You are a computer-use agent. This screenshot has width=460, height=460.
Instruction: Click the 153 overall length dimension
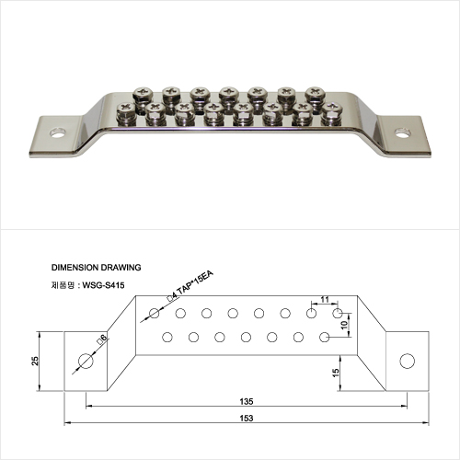click(x=247, y=418)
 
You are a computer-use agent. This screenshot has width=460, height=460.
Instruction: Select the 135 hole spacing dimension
click(x=247, y=401)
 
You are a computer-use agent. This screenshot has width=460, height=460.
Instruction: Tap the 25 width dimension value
click(x=35, y=361)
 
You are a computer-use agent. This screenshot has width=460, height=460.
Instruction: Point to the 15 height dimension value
click(x=336, y=373)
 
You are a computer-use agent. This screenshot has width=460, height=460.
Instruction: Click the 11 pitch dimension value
click(x=325, y=299)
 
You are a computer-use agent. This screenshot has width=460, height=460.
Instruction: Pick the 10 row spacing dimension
click(x=344, y=325)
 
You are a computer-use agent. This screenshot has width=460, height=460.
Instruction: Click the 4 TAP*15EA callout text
click(x=190, y=286)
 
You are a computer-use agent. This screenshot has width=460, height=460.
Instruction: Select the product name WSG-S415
click(x=103, y=285)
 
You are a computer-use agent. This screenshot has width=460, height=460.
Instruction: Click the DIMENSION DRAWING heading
click(x=96, y=268)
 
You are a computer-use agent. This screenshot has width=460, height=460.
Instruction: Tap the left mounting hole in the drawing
click(x=86, y=361)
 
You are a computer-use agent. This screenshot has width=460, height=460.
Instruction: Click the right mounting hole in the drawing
click(x=408, y=361)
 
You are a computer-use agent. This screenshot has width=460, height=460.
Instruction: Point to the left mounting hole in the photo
click(x=58, y=133)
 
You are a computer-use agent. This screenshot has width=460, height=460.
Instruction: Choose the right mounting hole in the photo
click(x=403, y=133)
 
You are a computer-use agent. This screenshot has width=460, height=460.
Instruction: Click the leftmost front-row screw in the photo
click(x=126, y=112)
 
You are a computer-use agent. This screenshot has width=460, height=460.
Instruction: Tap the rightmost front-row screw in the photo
click(x=332, y=114)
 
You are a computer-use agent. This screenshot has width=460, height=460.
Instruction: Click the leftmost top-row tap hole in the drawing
click(x=154, y=314)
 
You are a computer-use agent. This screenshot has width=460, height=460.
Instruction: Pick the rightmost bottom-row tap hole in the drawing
click(x=325, y=338)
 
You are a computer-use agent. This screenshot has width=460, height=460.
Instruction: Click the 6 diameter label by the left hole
click(x=102, y=339)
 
